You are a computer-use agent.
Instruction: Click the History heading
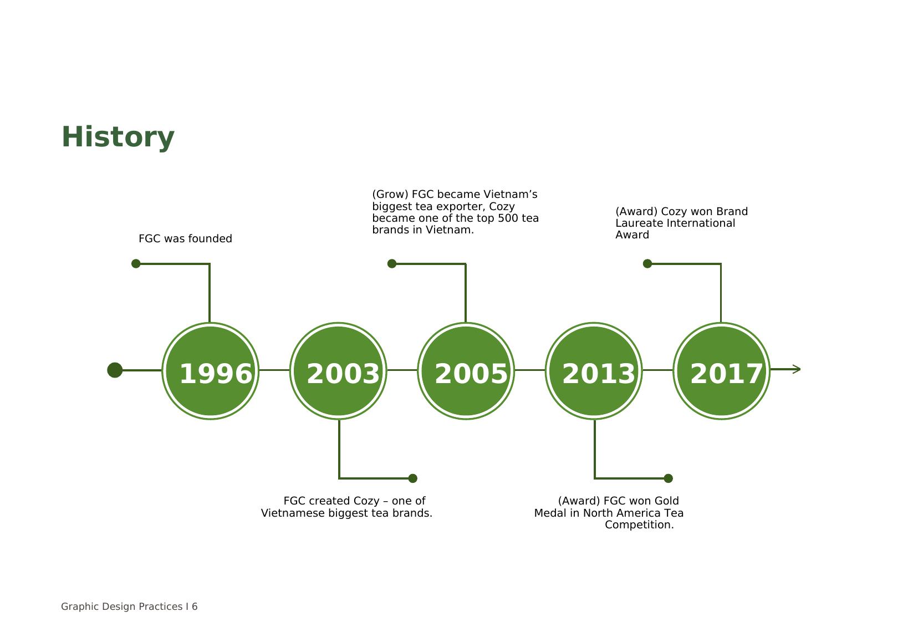[x=118, y=138]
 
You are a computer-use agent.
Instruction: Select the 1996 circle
[x=211, y=371]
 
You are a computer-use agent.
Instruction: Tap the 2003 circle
[x=339, y=371]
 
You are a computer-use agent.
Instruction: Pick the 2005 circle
[x=466, y=371]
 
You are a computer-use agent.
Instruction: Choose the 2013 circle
[x=594, y=371]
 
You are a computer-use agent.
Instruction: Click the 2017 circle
[x=722, y=371]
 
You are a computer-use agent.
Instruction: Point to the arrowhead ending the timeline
[x=797, y=369]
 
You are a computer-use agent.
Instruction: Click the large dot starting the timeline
[x=115, y=370]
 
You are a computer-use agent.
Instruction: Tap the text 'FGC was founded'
[x=185, y=239]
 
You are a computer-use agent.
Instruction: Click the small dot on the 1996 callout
[x=136, y=264]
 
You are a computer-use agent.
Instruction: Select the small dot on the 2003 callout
[x=412, y=478]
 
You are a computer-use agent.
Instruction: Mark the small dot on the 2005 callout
[x=391, y=264]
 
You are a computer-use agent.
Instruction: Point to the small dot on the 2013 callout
[x=669, y=478]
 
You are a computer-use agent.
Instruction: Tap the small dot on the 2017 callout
[x=647, y=264]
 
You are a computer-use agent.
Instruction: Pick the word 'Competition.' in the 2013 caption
[x=639, y=525]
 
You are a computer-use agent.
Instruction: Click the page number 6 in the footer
[x=195, y=607]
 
